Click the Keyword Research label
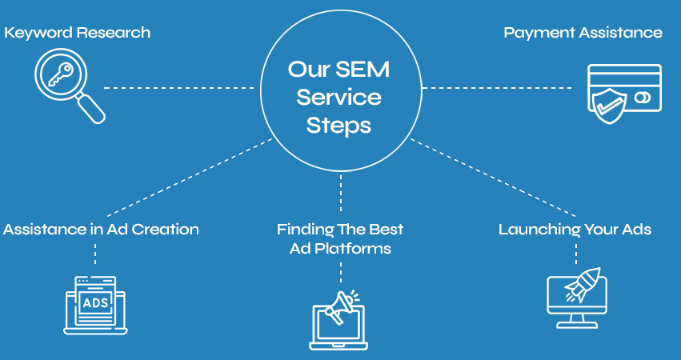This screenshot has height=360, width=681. pyautogui.click(x=77, y=33)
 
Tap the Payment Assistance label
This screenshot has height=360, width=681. pyautogui.click(x=583, y=33)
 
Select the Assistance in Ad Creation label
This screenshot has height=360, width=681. pyautogui.click(x=101, y=230)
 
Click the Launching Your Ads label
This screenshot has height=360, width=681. pyautogui.click(x=575, y=230)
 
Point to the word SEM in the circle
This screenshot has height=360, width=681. pyautogui.click(x=363, y=69)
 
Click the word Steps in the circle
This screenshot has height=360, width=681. pyautogui.click(x=339, y=126)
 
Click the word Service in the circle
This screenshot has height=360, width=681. pyautogui.click(x=339, y=98)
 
